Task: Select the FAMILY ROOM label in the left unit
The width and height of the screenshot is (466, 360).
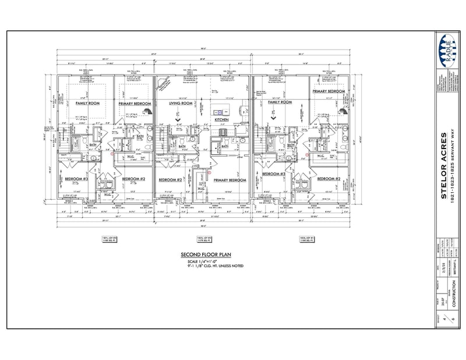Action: (89, 103)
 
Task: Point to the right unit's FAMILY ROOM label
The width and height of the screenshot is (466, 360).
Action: (280, 102)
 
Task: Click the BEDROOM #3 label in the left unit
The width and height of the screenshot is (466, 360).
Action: (76, 179)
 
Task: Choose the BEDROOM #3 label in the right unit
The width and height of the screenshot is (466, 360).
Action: (273, 175)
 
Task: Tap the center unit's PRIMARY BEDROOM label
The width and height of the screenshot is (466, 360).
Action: (230, 181)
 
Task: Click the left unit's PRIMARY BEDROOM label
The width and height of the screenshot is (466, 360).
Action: (135, 104)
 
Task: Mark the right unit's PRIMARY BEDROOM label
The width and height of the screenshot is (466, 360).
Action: (329, 91)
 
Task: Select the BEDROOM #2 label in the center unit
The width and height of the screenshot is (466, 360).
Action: (171, 180)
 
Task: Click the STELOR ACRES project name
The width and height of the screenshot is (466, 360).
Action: (444, 158)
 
